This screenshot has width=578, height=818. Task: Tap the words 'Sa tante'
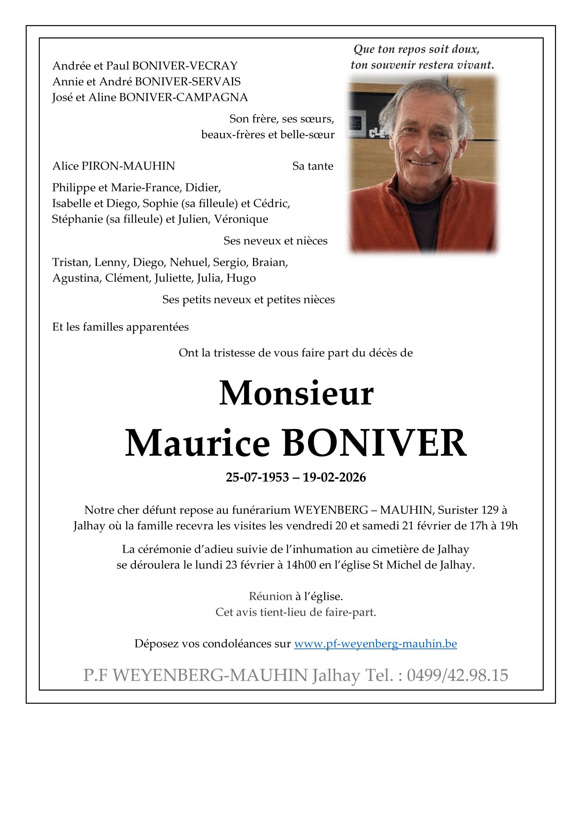[312, 166]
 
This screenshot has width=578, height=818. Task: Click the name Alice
[65, 166]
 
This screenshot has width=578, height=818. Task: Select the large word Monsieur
[296, 393]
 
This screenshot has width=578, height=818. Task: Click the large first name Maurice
[198, 444]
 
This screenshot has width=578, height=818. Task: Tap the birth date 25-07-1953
[257, 478]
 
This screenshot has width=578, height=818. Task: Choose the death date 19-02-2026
[334, 478]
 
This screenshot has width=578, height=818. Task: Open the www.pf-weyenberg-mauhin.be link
[375, 644]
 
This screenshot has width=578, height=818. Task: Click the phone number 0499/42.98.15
[457, 675]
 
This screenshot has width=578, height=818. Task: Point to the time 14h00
[301, 565]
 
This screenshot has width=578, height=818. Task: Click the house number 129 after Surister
[490, 510]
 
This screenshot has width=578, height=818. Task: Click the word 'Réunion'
[270, 596]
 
